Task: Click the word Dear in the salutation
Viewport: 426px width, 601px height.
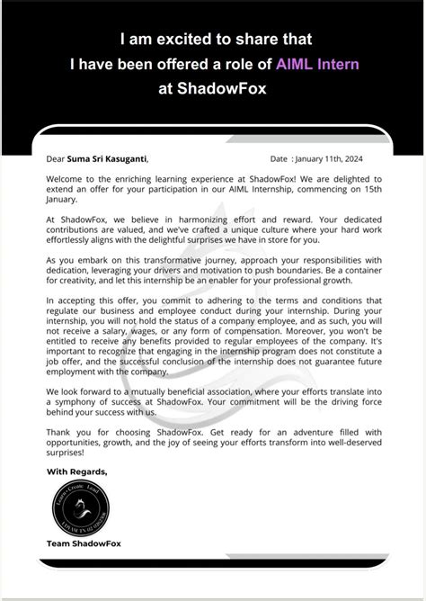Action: [57, 159]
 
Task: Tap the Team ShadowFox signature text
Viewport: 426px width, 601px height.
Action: [84, 543]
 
